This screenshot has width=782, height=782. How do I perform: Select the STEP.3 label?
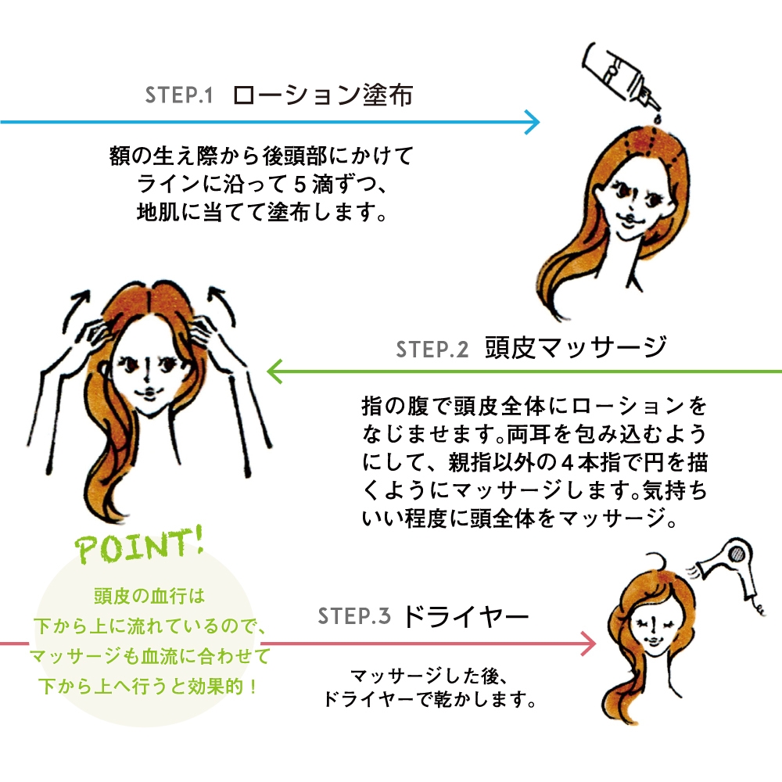point(353,616)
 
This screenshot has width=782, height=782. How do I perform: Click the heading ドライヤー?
point(466,616)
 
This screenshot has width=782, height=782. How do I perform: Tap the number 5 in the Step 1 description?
point(302,188)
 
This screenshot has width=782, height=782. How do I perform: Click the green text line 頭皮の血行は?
point(149,597)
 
